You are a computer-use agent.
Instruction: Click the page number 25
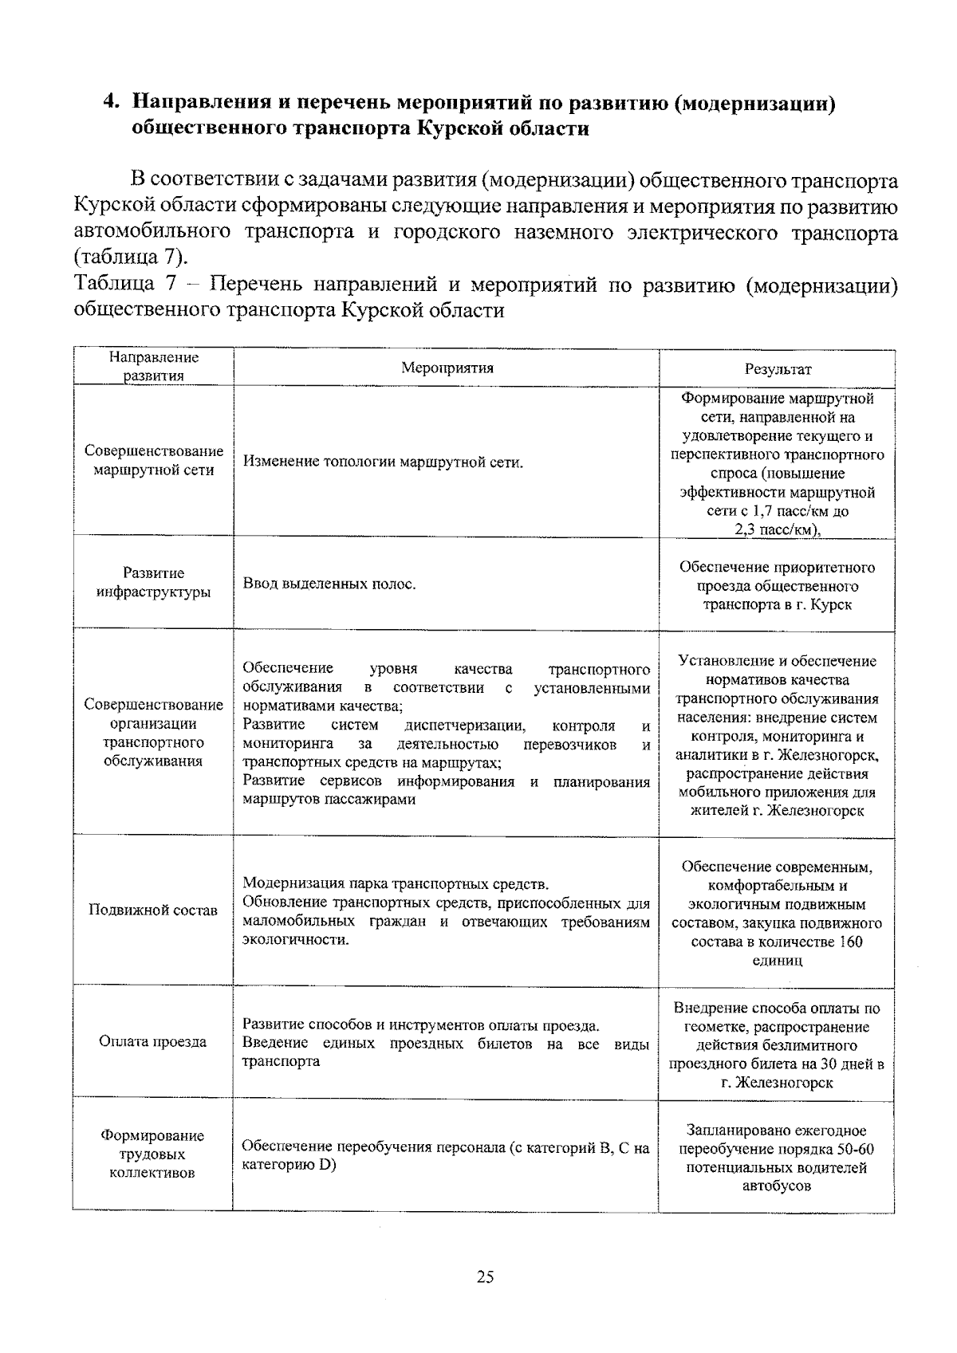tap(485, 1277)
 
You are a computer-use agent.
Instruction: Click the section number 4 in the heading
tap(112, 103)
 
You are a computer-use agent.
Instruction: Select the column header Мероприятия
tap(447, 368)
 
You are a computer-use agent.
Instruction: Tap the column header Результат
tap(778, 368)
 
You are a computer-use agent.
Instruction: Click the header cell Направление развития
tap(153, 367)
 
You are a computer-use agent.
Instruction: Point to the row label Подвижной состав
tap(153, 911)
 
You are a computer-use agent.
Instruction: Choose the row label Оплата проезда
tap(153, 1041)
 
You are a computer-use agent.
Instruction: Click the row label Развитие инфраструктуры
tap(153, 583)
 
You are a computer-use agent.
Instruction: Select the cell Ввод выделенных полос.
tap(329, 584)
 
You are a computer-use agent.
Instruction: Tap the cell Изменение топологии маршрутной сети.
tap(383, 462)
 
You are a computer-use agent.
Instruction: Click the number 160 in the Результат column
tap(850, 942)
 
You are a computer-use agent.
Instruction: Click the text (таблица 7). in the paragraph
tap(132, 258)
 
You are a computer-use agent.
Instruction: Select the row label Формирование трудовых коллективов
tap(153, 1154)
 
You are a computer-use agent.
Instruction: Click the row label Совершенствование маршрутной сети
tap(153, 460)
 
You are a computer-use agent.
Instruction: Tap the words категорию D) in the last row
tap(289, 1165)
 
